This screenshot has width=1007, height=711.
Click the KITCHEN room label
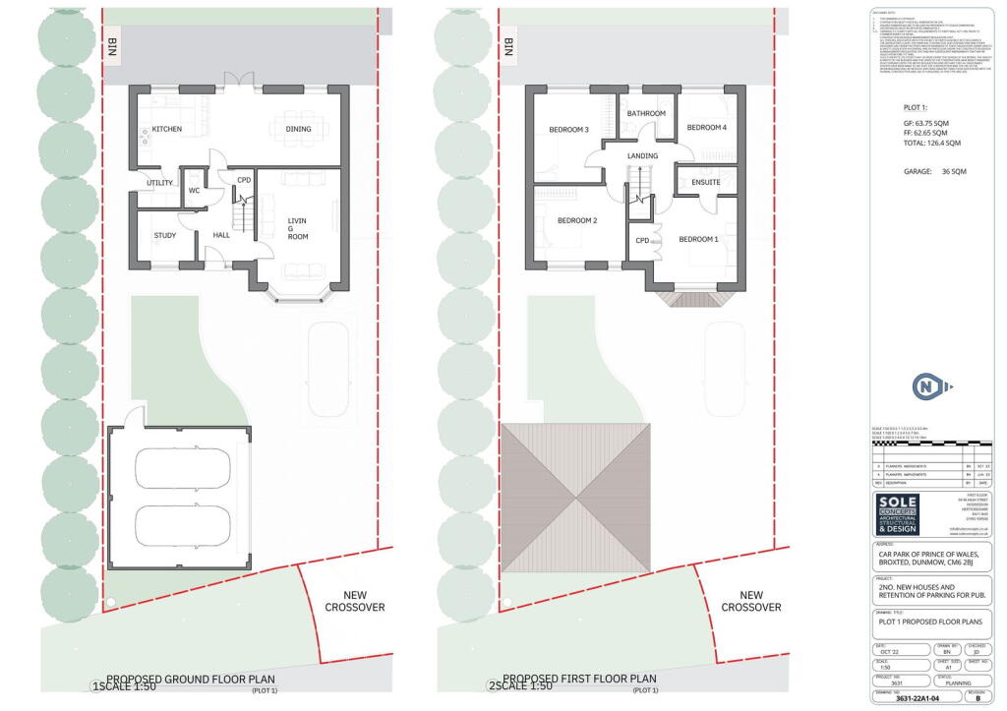[166, 129]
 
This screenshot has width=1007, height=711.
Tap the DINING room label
[298, 129]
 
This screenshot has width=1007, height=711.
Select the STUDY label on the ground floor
[165, 235]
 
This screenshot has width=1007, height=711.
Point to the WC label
[194, 190]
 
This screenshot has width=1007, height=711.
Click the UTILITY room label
[159, 183]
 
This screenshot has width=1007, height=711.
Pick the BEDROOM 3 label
[568, 130]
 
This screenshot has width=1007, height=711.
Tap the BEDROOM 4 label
[706, 128]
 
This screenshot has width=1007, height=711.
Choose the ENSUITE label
[706, 182]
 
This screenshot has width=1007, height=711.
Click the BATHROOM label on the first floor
[646, 113]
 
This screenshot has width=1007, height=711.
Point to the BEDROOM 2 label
[577, 220]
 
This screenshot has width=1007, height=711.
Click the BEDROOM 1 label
[698, 239]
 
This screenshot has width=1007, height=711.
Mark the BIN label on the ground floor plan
[112, 48]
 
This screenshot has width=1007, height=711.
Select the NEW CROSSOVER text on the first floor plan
[751, 601]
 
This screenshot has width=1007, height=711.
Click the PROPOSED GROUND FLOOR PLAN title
[190, 680]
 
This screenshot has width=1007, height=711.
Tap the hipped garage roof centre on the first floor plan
[576, 498]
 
